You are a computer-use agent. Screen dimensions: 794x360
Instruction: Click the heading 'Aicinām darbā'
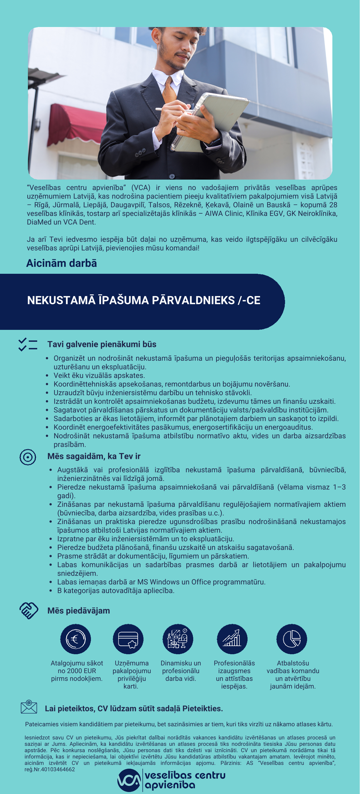click(62, 263)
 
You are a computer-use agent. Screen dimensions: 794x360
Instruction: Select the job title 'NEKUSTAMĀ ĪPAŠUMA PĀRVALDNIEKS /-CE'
click(144, 301)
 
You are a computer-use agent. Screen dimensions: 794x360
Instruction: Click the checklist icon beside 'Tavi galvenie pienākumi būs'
click(28, 345)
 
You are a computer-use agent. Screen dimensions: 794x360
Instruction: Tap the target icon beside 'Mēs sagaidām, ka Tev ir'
click(28, 457)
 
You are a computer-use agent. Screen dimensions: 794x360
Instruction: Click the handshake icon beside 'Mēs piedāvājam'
click(29, 611)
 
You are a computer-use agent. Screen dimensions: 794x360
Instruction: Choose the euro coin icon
click(76, 639)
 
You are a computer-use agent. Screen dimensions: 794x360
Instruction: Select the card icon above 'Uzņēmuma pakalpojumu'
click(128, 639)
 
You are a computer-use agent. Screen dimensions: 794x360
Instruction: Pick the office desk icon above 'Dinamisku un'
click(178, 639)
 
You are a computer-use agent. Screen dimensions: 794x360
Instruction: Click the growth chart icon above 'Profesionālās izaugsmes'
click(232, 639)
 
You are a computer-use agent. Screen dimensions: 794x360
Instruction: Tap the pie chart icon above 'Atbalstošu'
click(292, 639)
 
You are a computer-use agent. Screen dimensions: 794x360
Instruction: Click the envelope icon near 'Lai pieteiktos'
click(29, 707)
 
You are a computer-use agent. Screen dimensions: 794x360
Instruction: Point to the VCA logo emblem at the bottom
click(129, 780)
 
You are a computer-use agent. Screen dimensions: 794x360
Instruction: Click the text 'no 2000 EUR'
click(77, 671)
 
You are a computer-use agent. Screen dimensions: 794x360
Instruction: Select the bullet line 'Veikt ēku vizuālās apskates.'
click(99, 376)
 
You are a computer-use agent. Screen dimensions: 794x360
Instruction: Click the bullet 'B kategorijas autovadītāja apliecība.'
click(116, 591)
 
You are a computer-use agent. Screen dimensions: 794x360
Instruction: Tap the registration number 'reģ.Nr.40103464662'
click(50, 769)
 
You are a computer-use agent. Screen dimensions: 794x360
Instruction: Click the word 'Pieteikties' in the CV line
click(202, 709)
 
